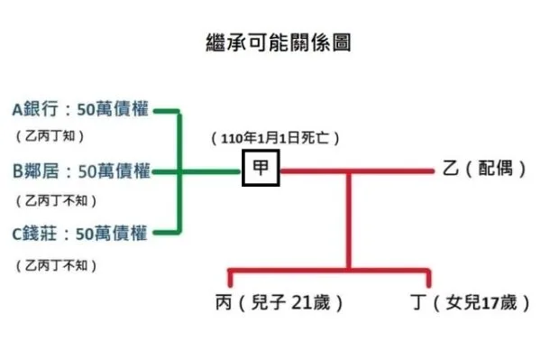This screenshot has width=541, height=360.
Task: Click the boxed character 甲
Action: click(x=261, y=169)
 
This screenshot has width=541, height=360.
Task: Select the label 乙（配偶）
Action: click(x=484, y=169)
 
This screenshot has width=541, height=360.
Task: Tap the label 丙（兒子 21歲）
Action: click(x=277, y=303)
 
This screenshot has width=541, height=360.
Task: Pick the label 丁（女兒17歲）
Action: click(x=470, y=303)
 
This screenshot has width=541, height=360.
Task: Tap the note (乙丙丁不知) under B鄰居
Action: click(x=56, y=200)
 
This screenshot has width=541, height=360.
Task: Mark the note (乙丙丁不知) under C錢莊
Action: click(x=56, y=265)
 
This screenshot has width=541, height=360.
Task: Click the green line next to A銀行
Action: click(x=166, y=112)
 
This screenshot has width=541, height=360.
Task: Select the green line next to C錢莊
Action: click(x=166, y=233)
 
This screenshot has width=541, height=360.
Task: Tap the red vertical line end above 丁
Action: click(x=428, y=278)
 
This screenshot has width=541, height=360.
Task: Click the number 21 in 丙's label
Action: click(x=302, y=303)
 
